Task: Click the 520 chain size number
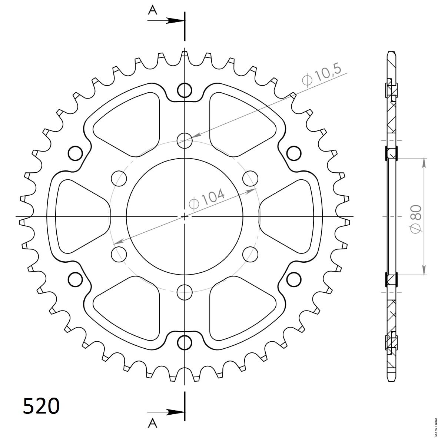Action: point(41,406)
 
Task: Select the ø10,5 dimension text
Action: point(322,74)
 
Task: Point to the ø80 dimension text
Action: point(415,218)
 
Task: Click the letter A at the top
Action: point(153,10)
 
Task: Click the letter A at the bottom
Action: point(153,424)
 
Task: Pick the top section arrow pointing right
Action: point(166,21)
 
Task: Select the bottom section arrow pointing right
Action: point(166,412)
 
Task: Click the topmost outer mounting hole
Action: point(185,90)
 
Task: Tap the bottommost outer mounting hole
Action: point(185,342)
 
